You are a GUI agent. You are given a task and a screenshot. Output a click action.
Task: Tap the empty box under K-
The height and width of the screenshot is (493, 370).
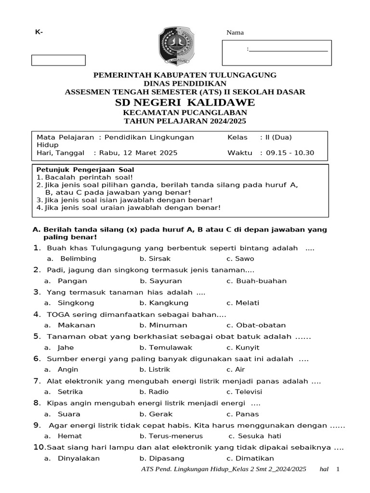tap(58, 60)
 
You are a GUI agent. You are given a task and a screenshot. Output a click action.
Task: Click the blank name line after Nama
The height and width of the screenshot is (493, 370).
tap(289, 49)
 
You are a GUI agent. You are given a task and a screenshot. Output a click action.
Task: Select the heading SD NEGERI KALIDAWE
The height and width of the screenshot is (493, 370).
tap(185, 103)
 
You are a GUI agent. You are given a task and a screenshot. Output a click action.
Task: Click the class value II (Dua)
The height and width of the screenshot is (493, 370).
tap(278, 137)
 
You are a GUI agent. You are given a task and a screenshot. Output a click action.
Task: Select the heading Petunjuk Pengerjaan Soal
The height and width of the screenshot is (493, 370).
tap(85, 169)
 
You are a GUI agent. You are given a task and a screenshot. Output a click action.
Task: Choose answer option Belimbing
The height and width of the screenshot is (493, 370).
tap(78, 259)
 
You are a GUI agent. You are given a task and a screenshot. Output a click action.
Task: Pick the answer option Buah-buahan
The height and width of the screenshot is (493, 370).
tap(261, 281)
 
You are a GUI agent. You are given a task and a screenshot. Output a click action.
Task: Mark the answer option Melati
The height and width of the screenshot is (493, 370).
tap(247, 303)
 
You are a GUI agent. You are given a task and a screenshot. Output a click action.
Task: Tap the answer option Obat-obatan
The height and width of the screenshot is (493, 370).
tap(261, 325)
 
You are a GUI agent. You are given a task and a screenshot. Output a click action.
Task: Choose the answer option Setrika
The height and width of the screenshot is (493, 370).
tap(70, 391)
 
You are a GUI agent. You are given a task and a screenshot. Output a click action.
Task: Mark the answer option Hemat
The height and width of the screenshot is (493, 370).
tap(69, 436)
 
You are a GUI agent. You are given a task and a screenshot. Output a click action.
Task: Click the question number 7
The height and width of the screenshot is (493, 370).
tap(37, 381)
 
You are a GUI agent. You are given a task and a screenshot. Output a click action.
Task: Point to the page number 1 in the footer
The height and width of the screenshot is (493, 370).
tap(338, 469)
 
